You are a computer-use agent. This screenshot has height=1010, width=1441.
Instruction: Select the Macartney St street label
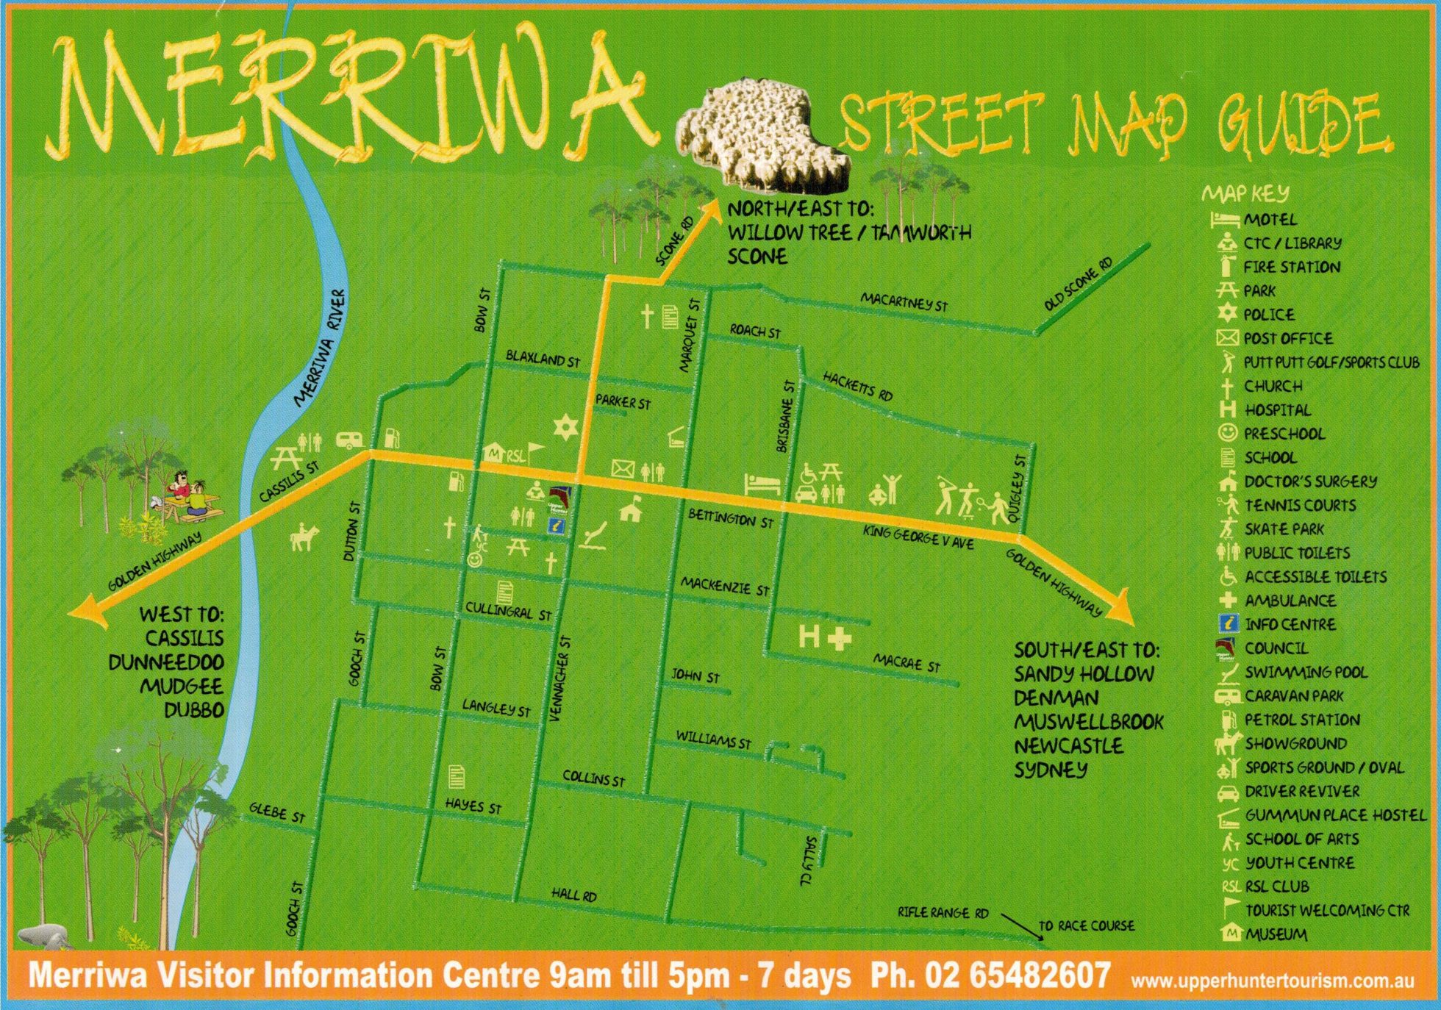(x=904, y=301)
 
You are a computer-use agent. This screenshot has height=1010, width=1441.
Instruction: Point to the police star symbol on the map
(x=565, y=427)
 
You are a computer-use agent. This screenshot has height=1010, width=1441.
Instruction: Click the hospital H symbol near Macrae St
(x=809, y=636)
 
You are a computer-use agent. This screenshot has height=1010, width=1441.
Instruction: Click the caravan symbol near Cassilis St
(x=350, y=440)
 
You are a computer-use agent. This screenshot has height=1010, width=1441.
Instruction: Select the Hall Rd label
(x=574, y=895)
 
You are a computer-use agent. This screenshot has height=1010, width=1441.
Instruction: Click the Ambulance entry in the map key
(x=1289, y=601)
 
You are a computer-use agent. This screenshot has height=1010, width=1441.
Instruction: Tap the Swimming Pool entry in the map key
(x=1306, y=672)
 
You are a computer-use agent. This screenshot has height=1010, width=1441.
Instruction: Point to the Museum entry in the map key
(x=1276, y=934)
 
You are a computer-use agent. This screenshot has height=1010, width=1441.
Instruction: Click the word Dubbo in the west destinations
(x=193, y=710)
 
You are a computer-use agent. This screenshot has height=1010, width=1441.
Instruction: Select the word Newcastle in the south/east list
(x=1068, y=745)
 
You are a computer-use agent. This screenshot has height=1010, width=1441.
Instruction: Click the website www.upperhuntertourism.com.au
(x=1272, y=981)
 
